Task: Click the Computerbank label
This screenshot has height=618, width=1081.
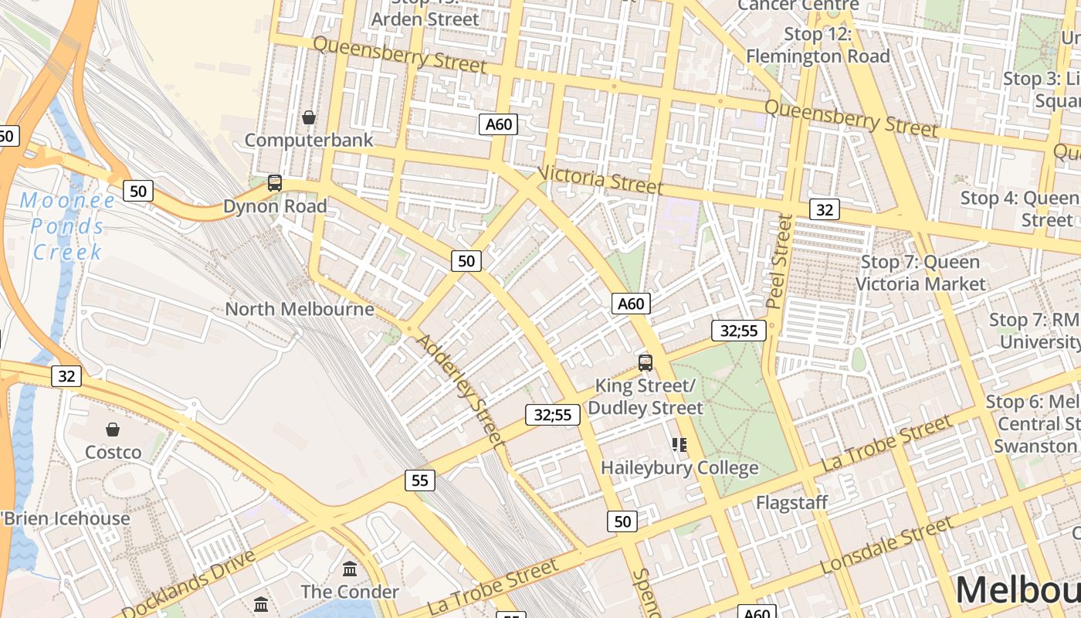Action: tap(309, 140)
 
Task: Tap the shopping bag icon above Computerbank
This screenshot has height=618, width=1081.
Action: tap(309, 117)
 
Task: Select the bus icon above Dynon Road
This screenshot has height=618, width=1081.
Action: tap(275, 183)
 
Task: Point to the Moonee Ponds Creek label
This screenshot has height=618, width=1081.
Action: tap(67, 226)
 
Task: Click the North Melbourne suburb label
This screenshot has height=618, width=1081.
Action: tap(300, 309)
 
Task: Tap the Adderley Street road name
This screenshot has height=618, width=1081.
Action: tap(460, 391)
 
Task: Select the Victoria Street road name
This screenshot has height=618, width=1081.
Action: tap(600, 180)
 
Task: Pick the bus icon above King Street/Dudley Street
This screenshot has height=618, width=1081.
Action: tap(646, 362)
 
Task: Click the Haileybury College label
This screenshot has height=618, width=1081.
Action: tap(679, 468)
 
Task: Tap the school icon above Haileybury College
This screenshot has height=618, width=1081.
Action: tap(679, 444)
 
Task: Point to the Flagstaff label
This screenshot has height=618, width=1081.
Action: tap(791, 503)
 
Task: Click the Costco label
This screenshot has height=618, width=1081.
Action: tap(114, 452)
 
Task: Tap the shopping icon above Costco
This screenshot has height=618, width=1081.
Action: tap(114, 429)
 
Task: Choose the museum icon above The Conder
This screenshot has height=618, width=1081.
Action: tap(350, 569)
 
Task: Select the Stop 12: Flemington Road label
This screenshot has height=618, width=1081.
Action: tap(818, 45)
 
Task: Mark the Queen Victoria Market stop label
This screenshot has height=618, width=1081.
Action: tap(920, 273)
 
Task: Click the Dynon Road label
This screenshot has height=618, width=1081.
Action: tap(275, 206)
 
